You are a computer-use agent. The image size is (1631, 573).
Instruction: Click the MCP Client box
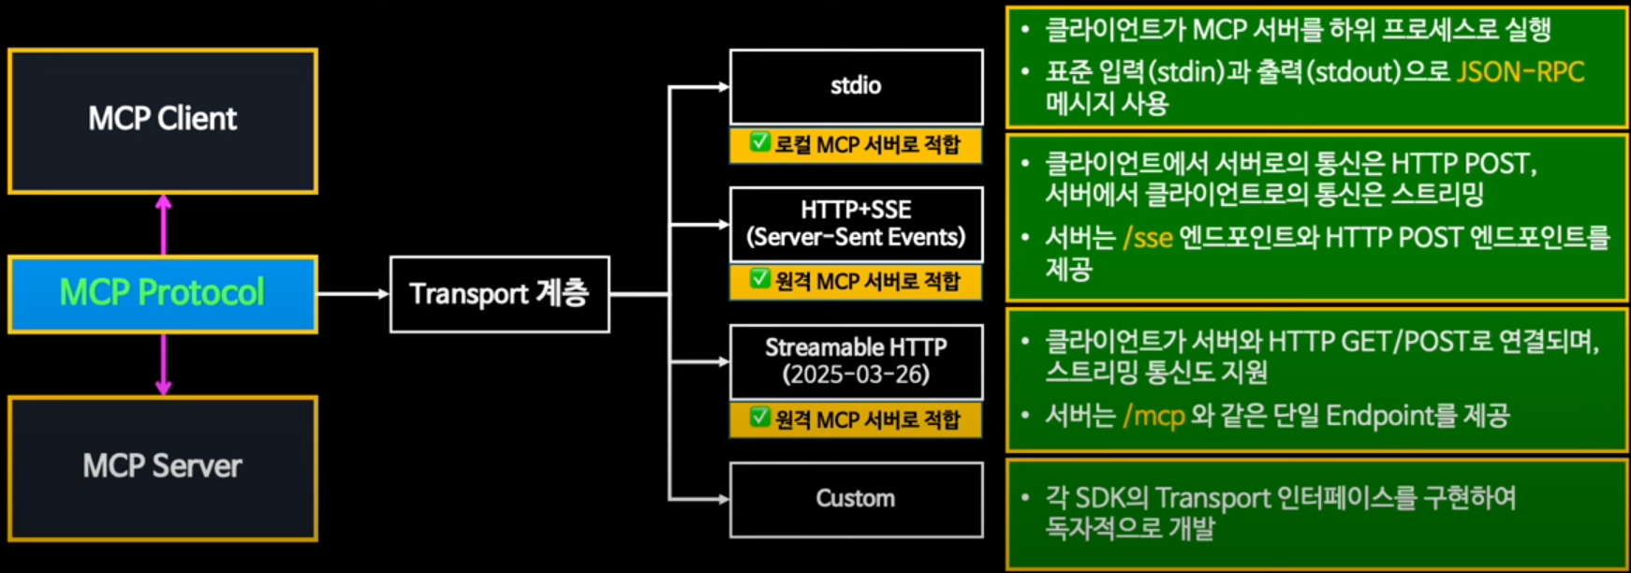(x=163, y=121)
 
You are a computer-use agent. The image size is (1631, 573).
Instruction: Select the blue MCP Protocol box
(x=163, y=294)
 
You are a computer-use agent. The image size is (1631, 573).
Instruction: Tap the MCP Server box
(x=163, y=467)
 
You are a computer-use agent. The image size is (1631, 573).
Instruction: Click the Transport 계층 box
(x=499, y=294)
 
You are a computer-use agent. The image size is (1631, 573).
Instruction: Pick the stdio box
(x=856, y=86)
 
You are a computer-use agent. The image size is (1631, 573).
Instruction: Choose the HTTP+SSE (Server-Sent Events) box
(x=856, y=224)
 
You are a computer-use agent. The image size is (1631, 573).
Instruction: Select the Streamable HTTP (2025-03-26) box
(x=856, y=361)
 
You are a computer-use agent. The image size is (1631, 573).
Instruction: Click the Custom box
(x=856, y=499)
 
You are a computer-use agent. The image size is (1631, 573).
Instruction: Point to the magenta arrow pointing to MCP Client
(x=164, y=223)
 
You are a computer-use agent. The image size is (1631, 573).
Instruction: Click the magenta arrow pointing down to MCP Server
(x=164, y=365)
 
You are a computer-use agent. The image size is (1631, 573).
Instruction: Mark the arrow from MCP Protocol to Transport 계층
(x=353, y=294)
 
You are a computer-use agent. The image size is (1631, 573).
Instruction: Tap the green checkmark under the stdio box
(x=759, y=142)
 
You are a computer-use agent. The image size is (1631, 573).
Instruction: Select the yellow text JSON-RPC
(x=1520, y=72)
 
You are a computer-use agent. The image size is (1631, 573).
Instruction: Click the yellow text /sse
(x=1148, y=238)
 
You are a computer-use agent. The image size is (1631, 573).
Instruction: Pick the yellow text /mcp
(x=1153, y=415)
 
